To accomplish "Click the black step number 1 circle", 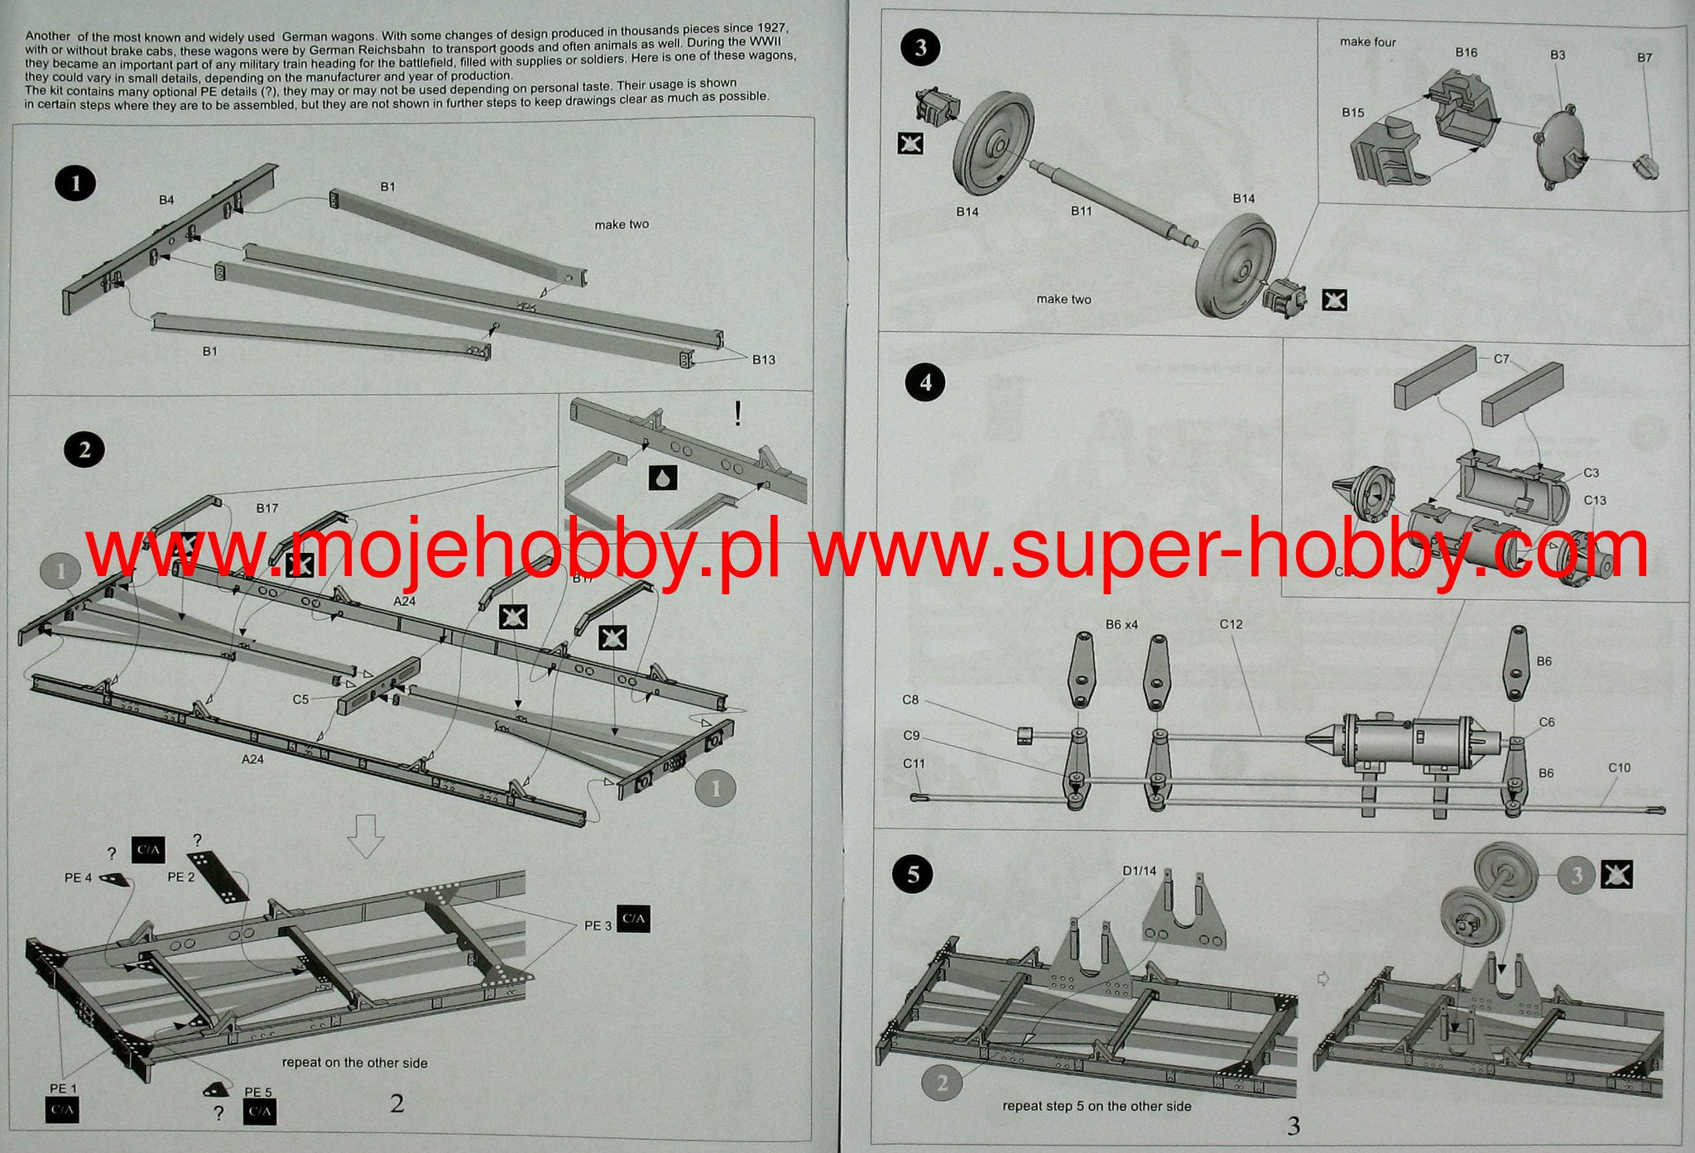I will pos(77,183).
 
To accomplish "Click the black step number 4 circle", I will pos(925,382).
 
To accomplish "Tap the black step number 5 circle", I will pos(914,874).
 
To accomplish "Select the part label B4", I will pos(166,200).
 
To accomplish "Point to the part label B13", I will pos(763,359).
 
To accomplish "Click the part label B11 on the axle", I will pos(1081,211).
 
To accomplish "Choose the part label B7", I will pos(1644,58).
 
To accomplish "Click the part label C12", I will pos(1231,624).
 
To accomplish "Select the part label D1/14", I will pos(1139,871).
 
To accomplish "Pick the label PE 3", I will pos(598,925).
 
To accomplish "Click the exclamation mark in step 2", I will pos(737,413).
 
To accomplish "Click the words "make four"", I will pos(1367,42).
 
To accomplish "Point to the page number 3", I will pos(1294,1126).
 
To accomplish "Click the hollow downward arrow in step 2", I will pos(366,835).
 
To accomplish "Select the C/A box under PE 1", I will pos(61,1110).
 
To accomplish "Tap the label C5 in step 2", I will pos(300,699).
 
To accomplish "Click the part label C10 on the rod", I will pos(1619,768).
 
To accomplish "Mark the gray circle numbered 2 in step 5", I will pos(943,1083).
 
